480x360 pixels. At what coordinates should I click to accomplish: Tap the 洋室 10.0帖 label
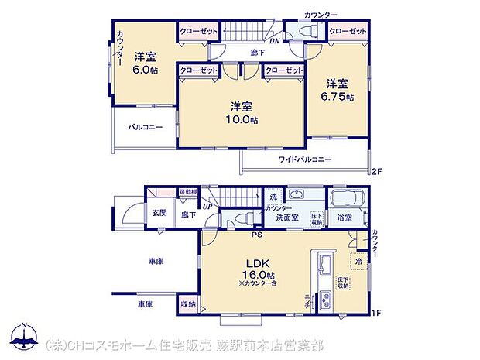tap(242, 113)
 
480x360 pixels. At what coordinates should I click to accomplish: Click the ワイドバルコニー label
tap(305, 159)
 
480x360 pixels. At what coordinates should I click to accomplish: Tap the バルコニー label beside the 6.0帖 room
tap(145, 127)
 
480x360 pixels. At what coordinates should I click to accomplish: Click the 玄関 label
tap(159, 213)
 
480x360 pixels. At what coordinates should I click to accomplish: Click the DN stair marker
tap(274, 41)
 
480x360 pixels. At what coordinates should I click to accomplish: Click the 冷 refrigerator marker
tap(358, 262)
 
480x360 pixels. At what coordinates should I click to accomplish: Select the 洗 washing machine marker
tap(273, 197)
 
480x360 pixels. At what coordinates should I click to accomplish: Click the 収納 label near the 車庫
tap(187, 304)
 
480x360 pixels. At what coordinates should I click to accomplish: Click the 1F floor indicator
tap(377, 314)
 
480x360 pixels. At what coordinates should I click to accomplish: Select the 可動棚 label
tap(187, 191)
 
